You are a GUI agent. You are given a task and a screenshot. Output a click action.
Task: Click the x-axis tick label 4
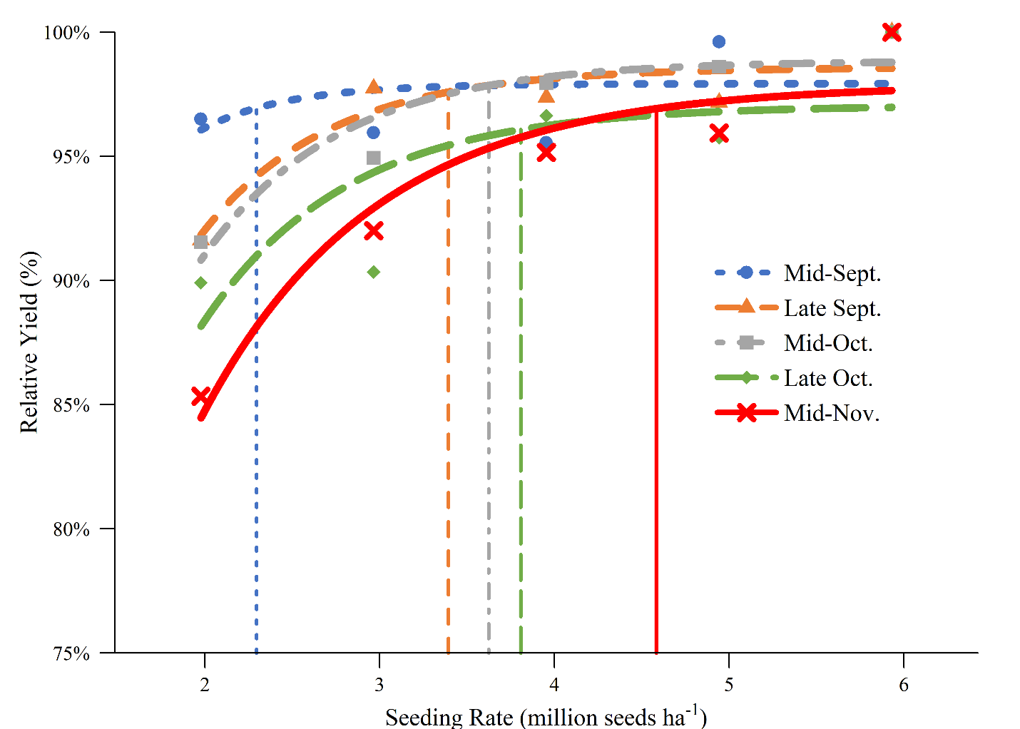coord(554,685)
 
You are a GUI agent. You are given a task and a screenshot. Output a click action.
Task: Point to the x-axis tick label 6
coord(904,685)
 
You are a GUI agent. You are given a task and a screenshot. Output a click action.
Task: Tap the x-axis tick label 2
coord(205,685)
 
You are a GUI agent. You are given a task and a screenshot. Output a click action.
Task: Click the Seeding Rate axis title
coord(546,716)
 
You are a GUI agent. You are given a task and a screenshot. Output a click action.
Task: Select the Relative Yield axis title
coord(29,342)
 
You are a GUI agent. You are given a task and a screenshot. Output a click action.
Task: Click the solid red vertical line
coord(656,428)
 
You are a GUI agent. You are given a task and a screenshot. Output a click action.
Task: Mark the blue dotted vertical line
coord(256,428)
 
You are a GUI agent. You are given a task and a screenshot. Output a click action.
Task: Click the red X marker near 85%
coord(201,397)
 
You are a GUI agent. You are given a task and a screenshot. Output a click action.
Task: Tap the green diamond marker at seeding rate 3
coord(373,272)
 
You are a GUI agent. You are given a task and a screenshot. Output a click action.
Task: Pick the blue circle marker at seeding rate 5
coord(718,42)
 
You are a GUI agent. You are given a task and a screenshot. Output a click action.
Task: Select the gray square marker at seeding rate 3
coord(373,158)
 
